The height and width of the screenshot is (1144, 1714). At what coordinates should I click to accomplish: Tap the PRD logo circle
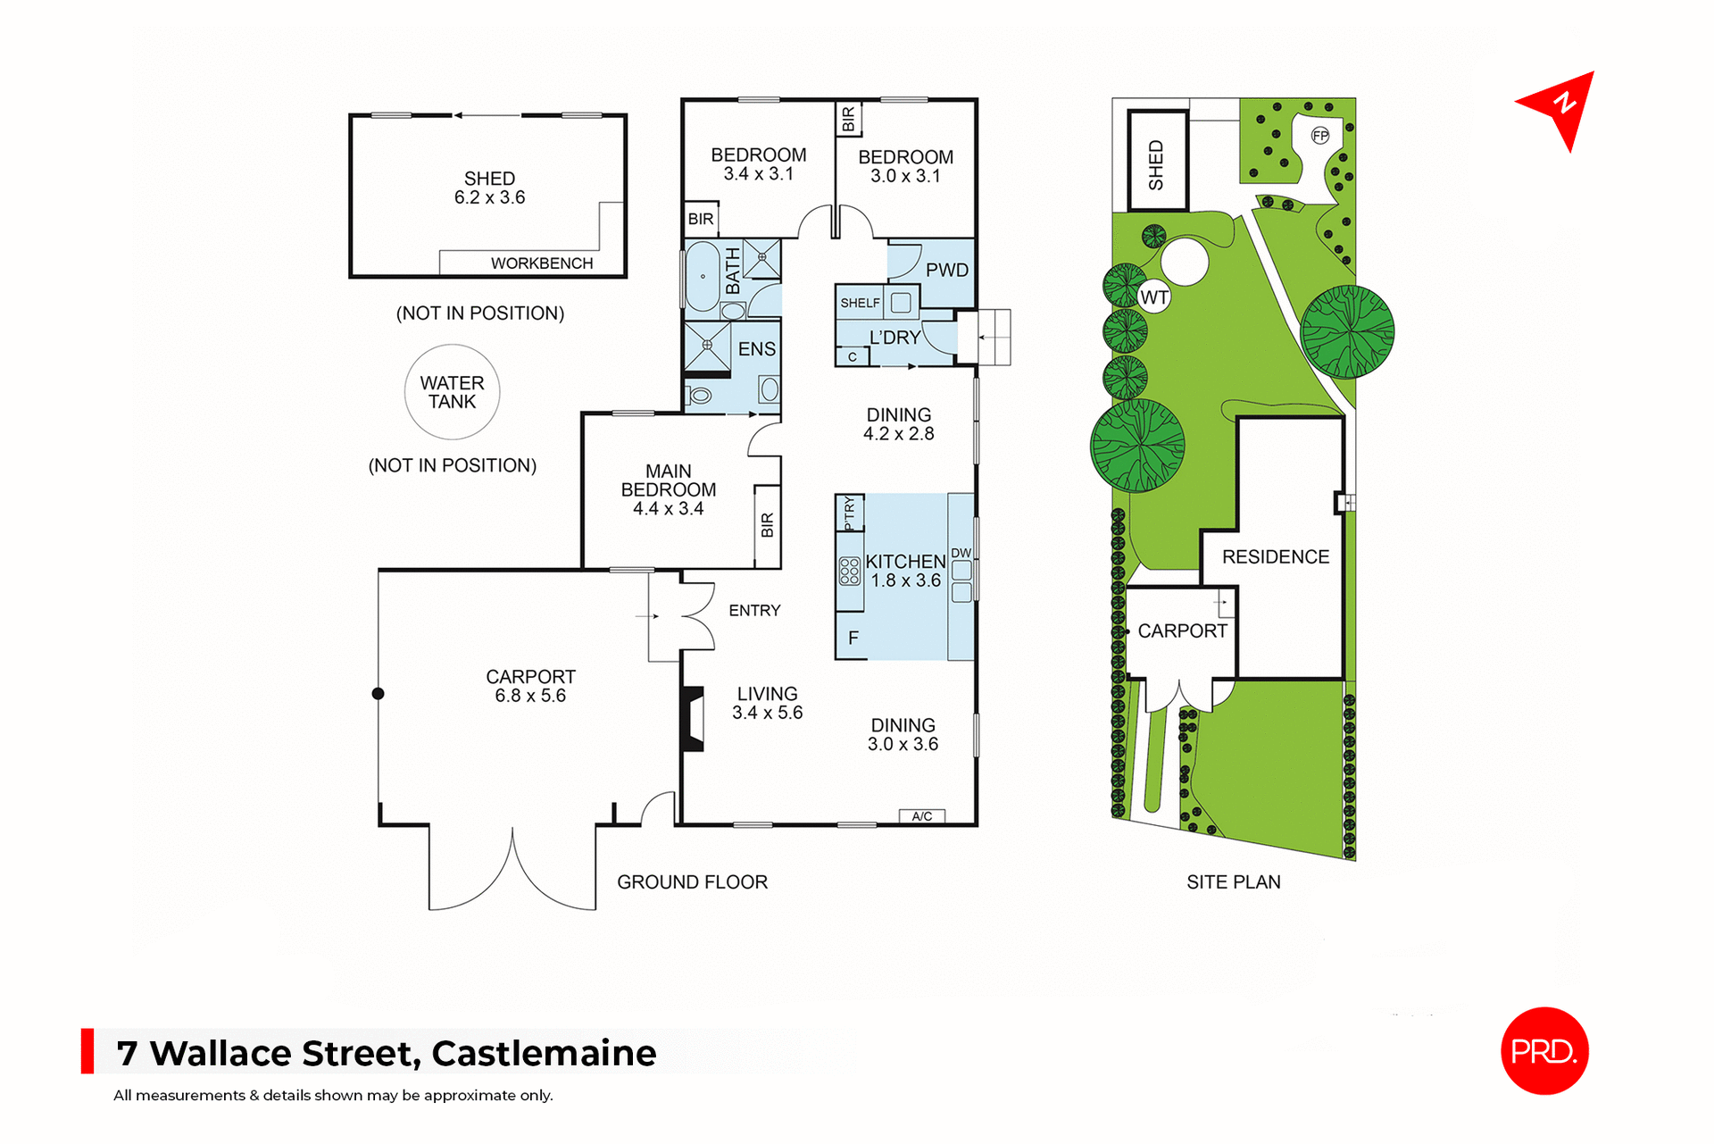1544,1050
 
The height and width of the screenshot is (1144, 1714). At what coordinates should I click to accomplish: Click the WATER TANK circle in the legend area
452,392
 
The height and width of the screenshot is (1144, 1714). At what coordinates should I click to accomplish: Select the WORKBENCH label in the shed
541,263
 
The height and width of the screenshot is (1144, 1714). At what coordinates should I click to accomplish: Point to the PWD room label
946,270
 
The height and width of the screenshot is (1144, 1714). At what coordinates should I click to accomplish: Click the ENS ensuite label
756,349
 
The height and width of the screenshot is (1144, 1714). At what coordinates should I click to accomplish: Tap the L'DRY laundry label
894,338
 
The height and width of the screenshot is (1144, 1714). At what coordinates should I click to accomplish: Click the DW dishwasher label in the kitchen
961,553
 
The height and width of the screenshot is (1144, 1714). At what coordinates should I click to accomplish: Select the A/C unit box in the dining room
922,816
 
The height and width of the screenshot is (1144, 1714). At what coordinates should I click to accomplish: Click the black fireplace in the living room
693,718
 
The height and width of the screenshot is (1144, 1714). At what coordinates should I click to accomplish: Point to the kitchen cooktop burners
849,571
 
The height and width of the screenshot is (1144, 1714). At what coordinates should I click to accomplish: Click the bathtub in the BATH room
703,276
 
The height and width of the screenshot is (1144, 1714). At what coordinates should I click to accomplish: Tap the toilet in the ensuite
700,395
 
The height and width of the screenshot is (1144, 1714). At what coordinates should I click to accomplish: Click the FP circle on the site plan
1320,136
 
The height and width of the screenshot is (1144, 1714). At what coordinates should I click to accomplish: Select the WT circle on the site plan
1154,297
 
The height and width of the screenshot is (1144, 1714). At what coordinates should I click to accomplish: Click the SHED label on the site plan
1157,164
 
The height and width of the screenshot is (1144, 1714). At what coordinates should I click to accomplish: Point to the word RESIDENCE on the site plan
1276,557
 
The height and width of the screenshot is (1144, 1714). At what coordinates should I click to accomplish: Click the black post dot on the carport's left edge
379,694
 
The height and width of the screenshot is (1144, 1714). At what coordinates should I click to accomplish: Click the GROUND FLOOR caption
692,882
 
